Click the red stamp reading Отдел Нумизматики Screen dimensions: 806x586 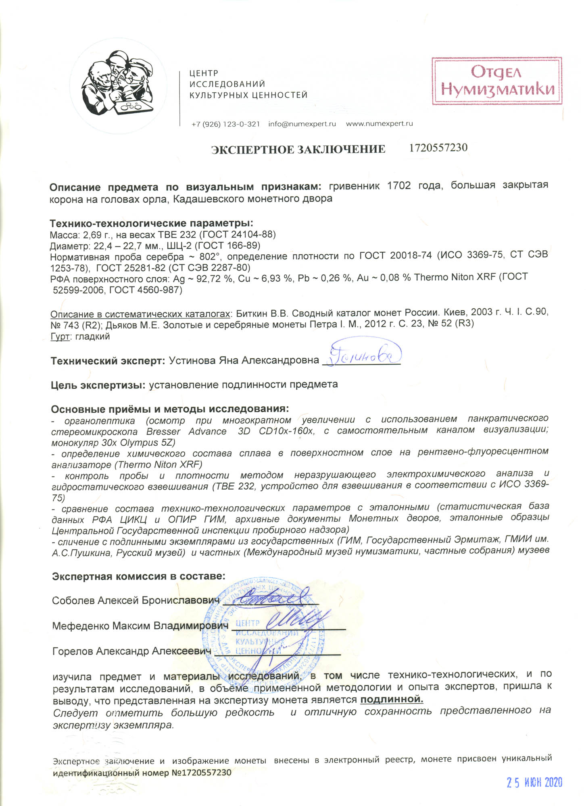tap(497, 81)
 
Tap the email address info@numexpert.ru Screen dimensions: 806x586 tap(302, 124)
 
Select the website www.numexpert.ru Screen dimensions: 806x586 tap(379, 124)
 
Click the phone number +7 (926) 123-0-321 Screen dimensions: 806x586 tap(225, 124)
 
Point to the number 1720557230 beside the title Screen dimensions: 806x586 tap(438, 148)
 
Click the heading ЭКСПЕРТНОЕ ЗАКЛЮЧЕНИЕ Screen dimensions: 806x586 tap(298, 150)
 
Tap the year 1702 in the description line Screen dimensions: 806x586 tap(399, 186)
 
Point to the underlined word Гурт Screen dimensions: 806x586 tap(60, 337)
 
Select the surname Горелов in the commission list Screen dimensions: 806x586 tap(73, 651)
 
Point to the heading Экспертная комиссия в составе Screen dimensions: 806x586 tap(138, 576)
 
